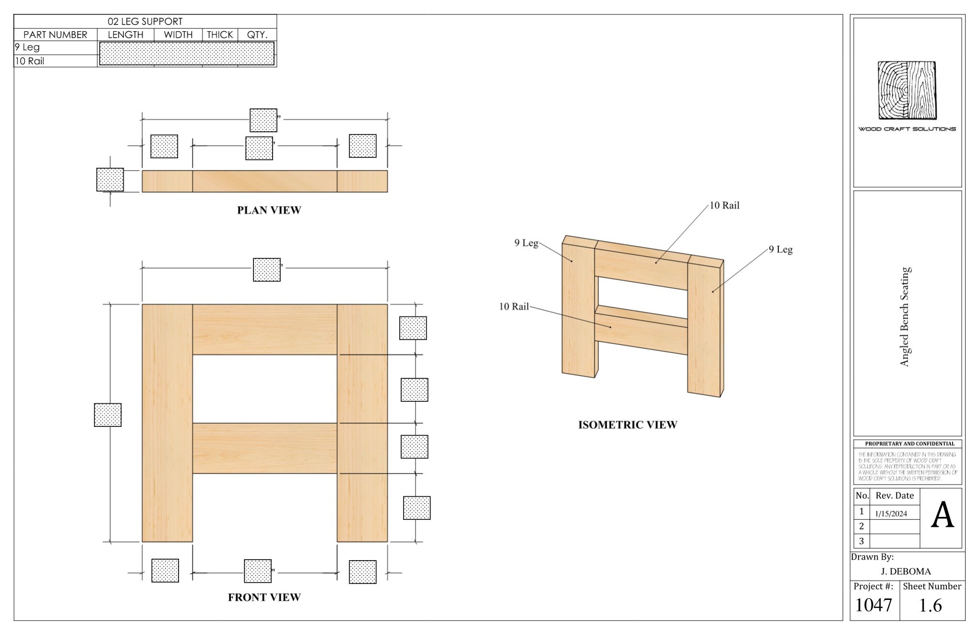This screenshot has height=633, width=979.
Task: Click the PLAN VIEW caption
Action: pos(269,210)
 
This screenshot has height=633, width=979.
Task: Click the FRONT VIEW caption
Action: pos(264,597)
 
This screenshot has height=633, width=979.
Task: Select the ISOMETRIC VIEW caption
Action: pos(627,425)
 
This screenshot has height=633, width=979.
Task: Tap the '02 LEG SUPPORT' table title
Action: pos(145,22)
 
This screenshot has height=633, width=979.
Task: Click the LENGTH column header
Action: pos(125,35)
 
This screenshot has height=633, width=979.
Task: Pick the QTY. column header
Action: pos(257,35)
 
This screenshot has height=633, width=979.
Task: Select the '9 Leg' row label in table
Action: pos(27,47)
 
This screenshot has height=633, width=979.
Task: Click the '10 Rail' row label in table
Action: pos(30,61)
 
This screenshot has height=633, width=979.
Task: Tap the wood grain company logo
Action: pos(907,90)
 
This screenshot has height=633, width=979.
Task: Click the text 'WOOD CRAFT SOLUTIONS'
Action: pos(907,129)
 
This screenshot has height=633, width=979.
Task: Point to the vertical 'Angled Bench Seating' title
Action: pos(905,316)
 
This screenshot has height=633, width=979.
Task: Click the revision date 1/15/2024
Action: pos(891,514)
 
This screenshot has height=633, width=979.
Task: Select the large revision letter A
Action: pos(942,516)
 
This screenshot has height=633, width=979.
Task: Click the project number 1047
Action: pos(873,605)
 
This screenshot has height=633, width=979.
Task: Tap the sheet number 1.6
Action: pos(930,606)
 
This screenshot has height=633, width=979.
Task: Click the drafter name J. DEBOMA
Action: pos(906,571)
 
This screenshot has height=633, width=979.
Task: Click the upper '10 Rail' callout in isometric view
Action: pos(724,205)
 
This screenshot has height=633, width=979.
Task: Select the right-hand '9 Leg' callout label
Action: pos(780,249)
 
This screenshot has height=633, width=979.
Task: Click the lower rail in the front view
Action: pos(264,448)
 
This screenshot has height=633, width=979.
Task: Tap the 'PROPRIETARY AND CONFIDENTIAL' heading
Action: pos(909,444)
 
